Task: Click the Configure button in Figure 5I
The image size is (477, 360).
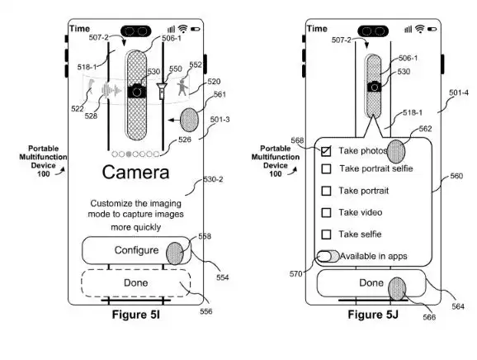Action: click(x=136, y=250)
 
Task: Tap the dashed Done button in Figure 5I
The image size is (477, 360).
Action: click(x=135, y=283)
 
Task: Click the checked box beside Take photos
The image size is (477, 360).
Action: click(x=326, y=151)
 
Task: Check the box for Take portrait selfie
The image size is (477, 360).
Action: click(x=326, y=169)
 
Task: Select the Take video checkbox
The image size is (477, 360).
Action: click(x=326, y=212)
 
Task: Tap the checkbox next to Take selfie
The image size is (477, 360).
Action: click(x=326, y=234)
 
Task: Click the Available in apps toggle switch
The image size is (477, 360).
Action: click(x=328, y=256)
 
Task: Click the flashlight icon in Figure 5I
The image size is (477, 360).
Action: click(x=162, y=90)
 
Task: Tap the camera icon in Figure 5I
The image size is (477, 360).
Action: click(x=137, y=91)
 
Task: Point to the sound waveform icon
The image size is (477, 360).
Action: click(x=111, y=90)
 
